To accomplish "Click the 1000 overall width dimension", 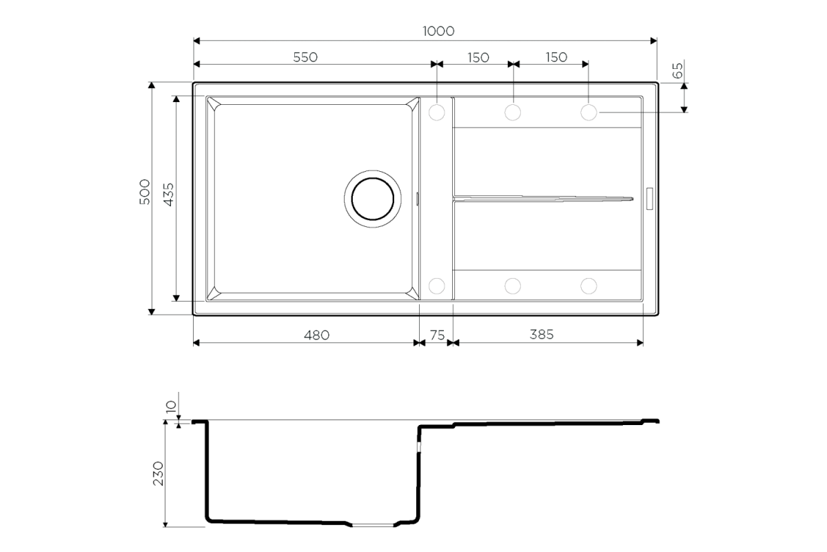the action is point(438,31).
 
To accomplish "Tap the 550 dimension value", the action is point(305,57).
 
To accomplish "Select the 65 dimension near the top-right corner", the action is point(677,70).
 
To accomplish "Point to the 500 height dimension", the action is point(145,192).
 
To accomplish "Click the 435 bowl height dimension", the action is point(168,194).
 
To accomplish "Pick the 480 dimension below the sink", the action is point(316,335).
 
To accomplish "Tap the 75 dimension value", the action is point(437,335).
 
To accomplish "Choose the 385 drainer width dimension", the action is point(542,335).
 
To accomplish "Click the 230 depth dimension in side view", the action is point(158,473).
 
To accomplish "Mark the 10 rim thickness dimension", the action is point(172,406).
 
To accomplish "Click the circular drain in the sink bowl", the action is point(373,199).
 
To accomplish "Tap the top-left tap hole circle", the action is point(437,112).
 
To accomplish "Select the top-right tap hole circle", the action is point(589,112).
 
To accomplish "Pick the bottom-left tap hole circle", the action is point(437,286).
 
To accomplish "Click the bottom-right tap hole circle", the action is point(589,286).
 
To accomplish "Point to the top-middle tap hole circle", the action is point(513,112).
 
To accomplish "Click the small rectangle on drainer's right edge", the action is point(649,199).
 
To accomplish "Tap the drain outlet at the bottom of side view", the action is point(373,525).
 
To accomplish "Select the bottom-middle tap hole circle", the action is point(513,286).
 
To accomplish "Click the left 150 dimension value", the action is point(478,58).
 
